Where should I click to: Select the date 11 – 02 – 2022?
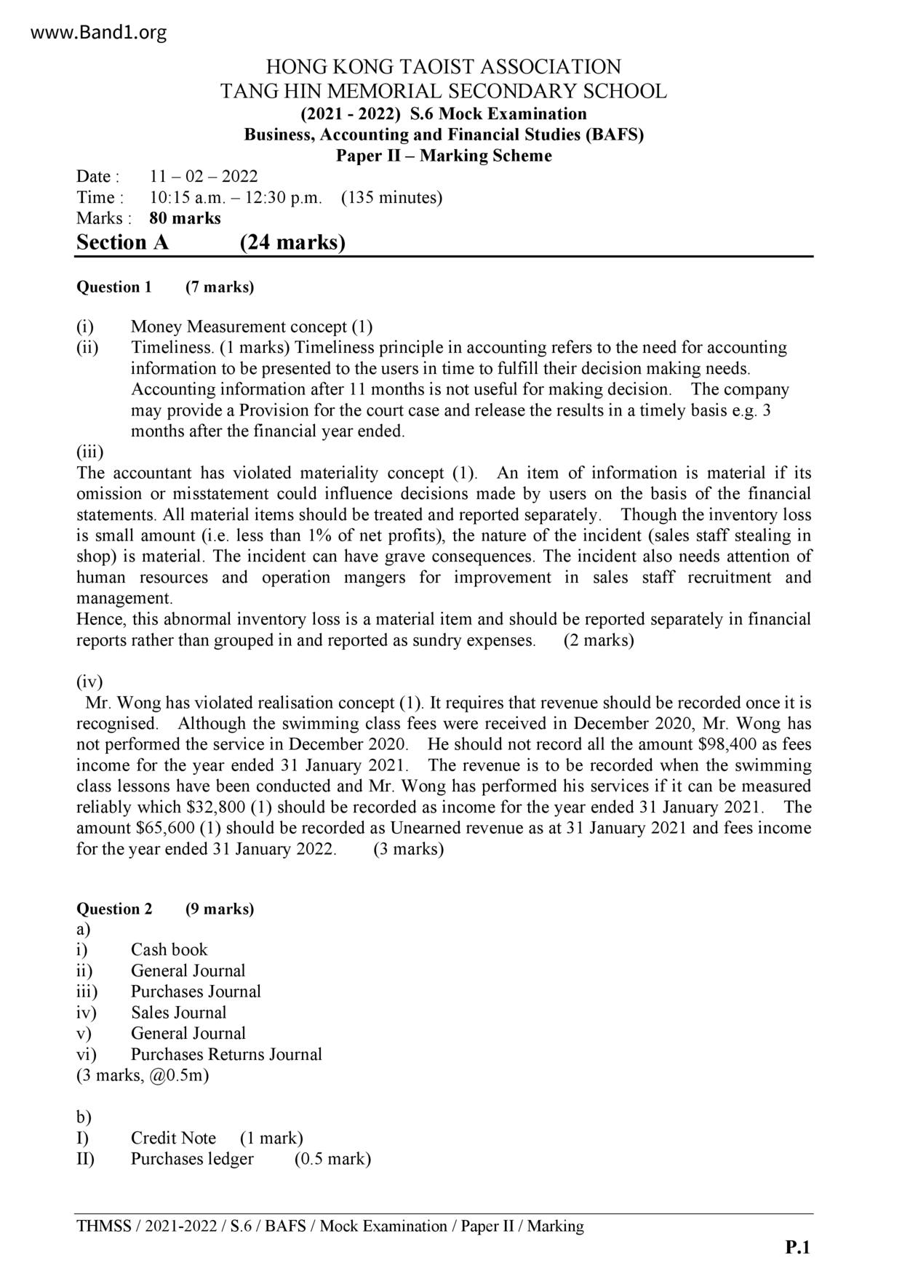[204, 177]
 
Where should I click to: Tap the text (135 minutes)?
[391, 198]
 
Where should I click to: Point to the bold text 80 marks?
[185, 218]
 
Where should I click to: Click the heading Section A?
[122, 242]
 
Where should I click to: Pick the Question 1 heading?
[114, 287]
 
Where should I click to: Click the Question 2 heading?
[114, 909]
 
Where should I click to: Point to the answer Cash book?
[169, 950]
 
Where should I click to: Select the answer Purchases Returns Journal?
[226, 1055]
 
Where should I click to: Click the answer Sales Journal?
[178, 1013]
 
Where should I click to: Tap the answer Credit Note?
[173, 1139]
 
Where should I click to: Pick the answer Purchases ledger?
[192, 1160]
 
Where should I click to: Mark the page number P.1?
[797, 1248]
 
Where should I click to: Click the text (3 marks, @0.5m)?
[143, 1076]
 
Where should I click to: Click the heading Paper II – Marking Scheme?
[444, 156]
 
